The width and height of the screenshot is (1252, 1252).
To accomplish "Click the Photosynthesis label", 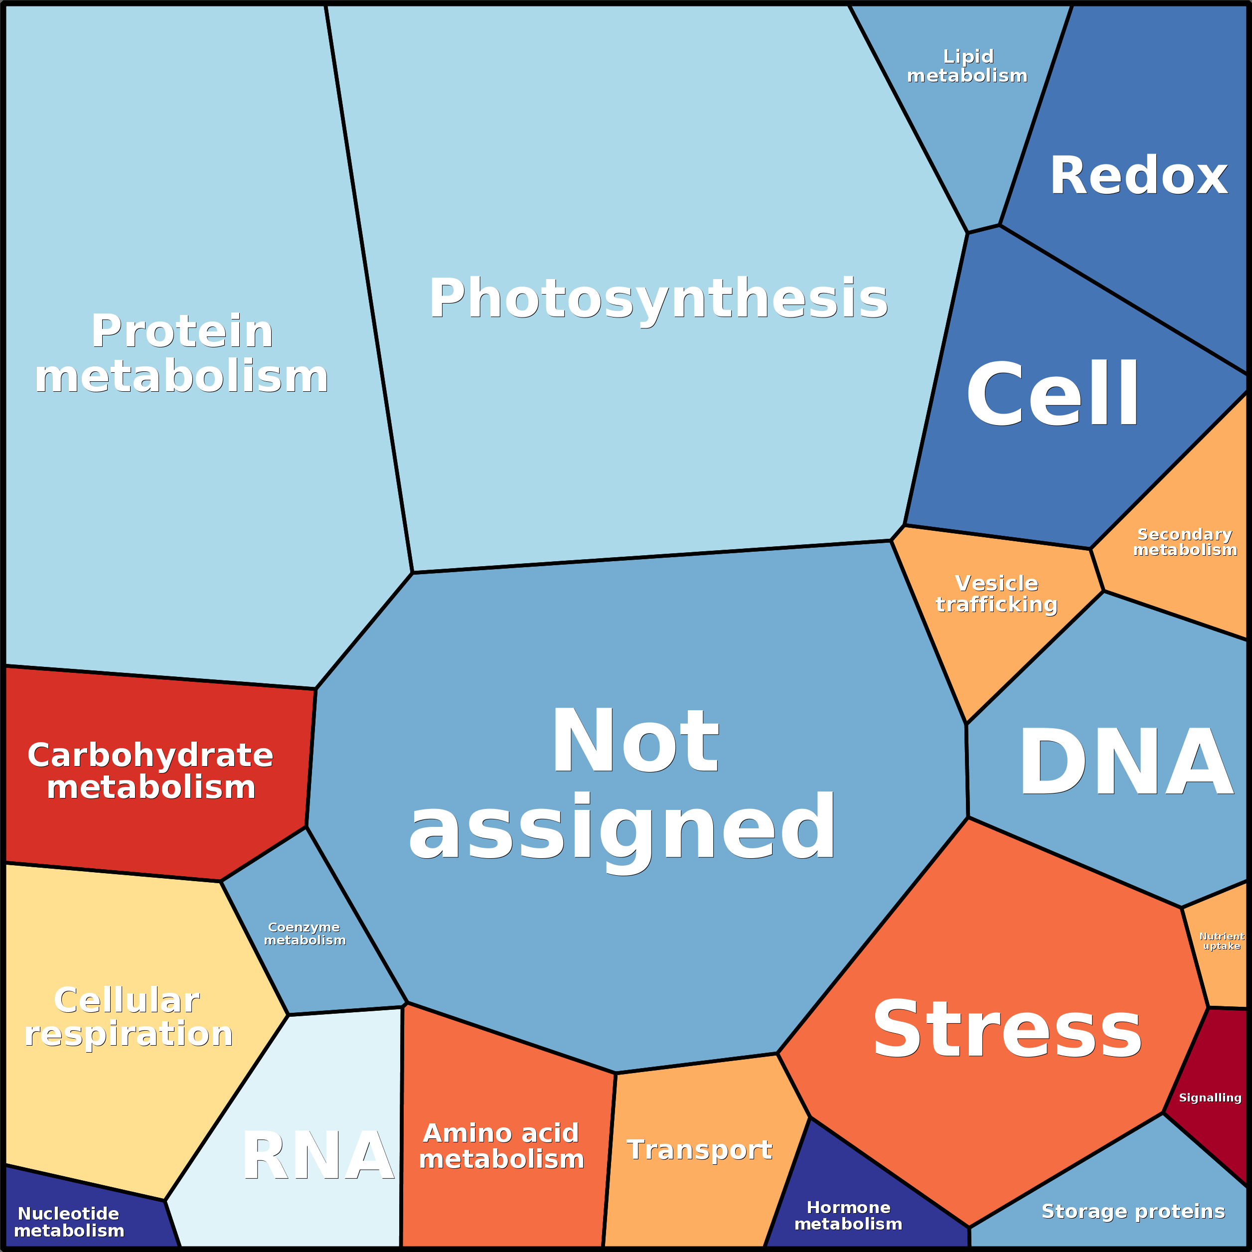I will point(658,298).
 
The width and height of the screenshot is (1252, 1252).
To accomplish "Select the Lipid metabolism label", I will point(967,66).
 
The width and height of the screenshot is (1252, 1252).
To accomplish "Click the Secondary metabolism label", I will point(1185,542).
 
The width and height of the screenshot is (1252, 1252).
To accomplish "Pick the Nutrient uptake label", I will point(1222,941).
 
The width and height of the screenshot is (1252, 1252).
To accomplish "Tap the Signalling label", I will point(1210,1098).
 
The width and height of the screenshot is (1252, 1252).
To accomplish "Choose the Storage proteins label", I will point(1133,1211).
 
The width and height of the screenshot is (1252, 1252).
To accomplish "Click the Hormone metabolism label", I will point(848,1216).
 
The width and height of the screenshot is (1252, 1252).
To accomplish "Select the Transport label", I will point(699,1150).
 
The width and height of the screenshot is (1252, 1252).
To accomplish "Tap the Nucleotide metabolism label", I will point(69,1222).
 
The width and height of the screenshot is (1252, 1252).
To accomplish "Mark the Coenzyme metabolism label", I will point(305,934).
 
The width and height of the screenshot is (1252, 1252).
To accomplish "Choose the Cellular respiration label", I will point(128,1017).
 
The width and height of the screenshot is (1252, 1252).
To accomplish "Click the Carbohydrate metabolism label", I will point(151,771).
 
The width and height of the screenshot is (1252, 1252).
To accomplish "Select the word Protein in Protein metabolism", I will point(182,331).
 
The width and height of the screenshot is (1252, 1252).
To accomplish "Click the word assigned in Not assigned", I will point(622,828).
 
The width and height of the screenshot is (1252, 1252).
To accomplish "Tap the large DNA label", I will point(1125,762).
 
